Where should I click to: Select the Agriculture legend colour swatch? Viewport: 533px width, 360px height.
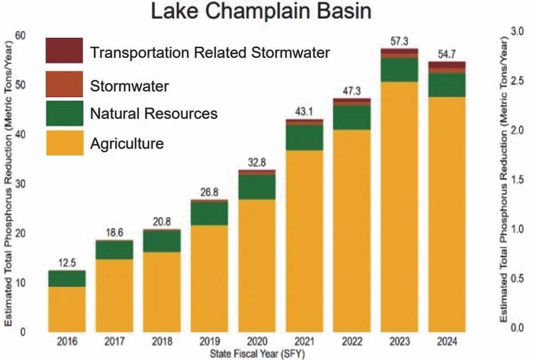coord(64,143)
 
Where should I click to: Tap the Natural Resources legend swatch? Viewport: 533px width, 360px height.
coord(64,113)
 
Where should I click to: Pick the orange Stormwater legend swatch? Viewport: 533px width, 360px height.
coord(64,84)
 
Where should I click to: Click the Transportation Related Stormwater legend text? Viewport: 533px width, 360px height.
coord(210,52)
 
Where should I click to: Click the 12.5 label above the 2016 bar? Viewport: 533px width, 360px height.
coord(67,262)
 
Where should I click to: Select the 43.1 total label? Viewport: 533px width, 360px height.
coord(304,111)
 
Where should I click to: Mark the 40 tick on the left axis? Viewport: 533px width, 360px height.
coord(21,135)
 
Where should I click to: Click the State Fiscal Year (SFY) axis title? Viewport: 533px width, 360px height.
coord(257,353)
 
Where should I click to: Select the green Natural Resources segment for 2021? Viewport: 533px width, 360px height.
coord(304,137)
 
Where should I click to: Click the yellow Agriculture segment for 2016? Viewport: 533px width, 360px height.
coord(67,309)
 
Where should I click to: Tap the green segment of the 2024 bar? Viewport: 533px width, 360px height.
coord(447,85)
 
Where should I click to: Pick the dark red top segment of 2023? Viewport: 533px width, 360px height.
coord(399,51)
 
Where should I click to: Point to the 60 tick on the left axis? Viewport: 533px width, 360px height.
coord(21,36)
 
